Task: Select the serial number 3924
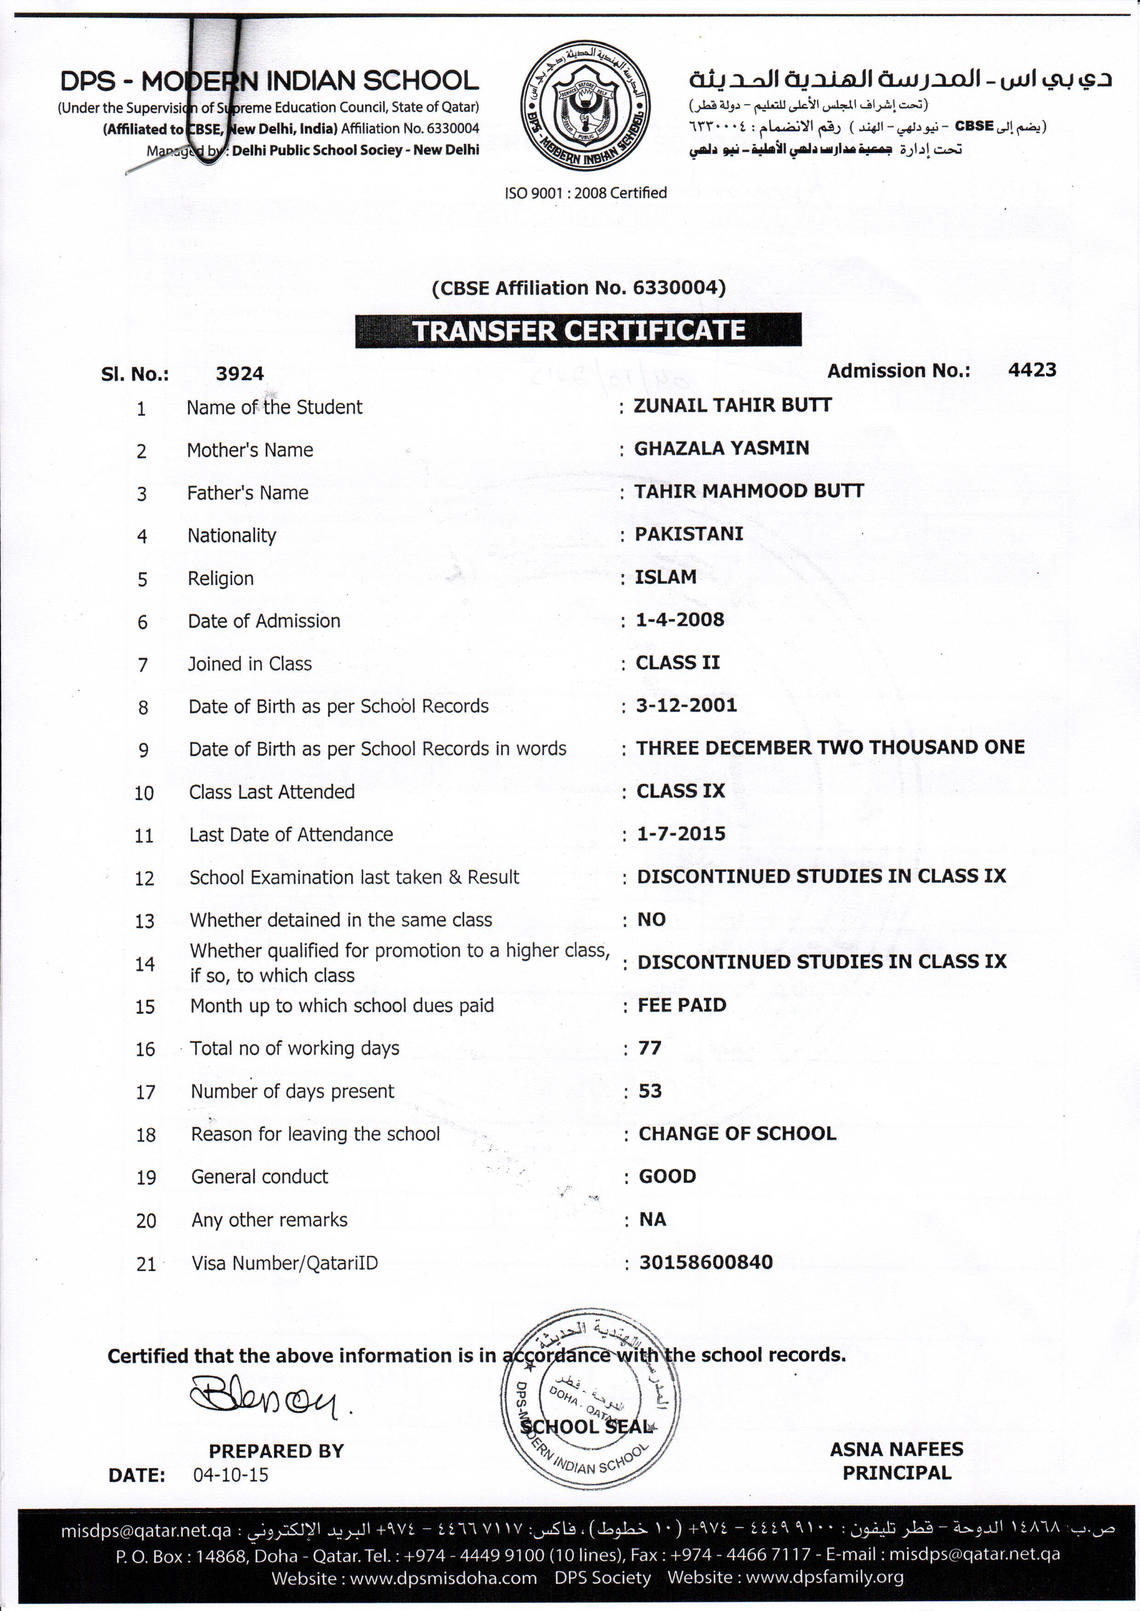(x=239, y=374)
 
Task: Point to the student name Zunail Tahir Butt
(x=732, y=406)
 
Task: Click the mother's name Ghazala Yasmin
(x=721, y=448)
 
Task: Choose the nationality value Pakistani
(x=689, y=534)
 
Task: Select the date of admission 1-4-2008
(x=680, y=620)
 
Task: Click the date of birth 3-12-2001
(x=686, y=705)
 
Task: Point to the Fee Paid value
(x=681, y=1005)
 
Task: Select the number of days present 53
(x=650, y=1091)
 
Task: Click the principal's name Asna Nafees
(x=896, y=1449)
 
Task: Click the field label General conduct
(x=260, y=1177)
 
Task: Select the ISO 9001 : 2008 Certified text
(x=585, y=193)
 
